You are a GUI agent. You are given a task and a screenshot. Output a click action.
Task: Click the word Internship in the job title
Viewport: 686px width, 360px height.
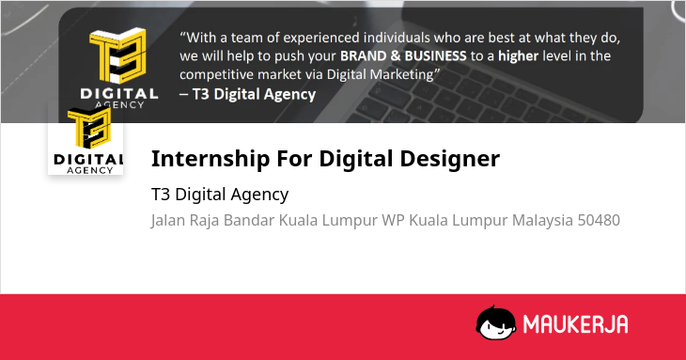pyautogui.click(x=210, y=159)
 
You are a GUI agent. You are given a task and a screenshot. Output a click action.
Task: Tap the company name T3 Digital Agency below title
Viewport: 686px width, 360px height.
pyautogui.click(x=220, y=196)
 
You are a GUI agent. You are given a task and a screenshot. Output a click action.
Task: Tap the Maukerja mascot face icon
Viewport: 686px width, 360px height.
pyautogui.click(x=495, y=322)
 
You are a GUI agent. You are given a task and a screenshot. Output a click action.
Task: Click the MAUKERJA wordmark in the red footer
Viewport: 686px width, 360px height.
pyautogui.click(x=576, y=324)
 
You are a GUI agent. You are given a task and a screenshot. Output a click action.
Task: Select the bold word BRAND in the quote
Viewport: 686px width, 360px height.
pyautogui.click(x=362, y=56)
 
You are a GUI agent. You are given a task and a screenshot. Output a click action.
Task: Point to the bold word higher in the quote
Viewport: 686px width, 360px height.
pyautogui.click(x=519, y=56)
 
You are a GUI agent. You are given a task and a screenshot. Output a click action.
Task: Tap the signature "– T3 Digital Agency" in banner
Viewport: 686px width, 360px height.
pyautogui.click(x=248, y=95)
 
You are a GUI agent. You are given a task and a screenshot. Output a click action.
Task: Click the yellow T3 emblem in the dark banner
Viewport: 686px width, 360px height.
pyautogui.click(x=118, y=55)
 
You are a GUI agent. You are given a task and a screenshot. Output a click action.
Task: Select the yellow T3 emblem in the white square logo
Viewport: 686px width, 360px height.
pyautogui.click(x=89, y=128)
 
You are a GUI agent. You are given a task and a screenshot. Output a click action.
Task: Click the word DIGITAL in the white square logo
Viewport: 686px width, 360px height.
pyautogui.click(x=88, y=160)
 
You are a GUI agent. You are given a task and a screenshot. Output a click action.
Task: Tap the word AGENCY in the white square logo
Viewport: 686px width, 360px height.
pyautogui.click(x=89, y=170)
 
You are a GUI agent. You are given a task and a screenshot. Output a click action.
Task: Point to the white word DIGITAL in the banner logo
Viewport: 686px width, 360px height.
pyautogui.click(x=119, y=94)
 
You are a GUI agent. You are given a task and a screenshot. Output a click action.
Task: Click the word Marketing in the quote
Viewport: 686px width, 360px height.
pyautogui.click(x=401, y=75)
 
